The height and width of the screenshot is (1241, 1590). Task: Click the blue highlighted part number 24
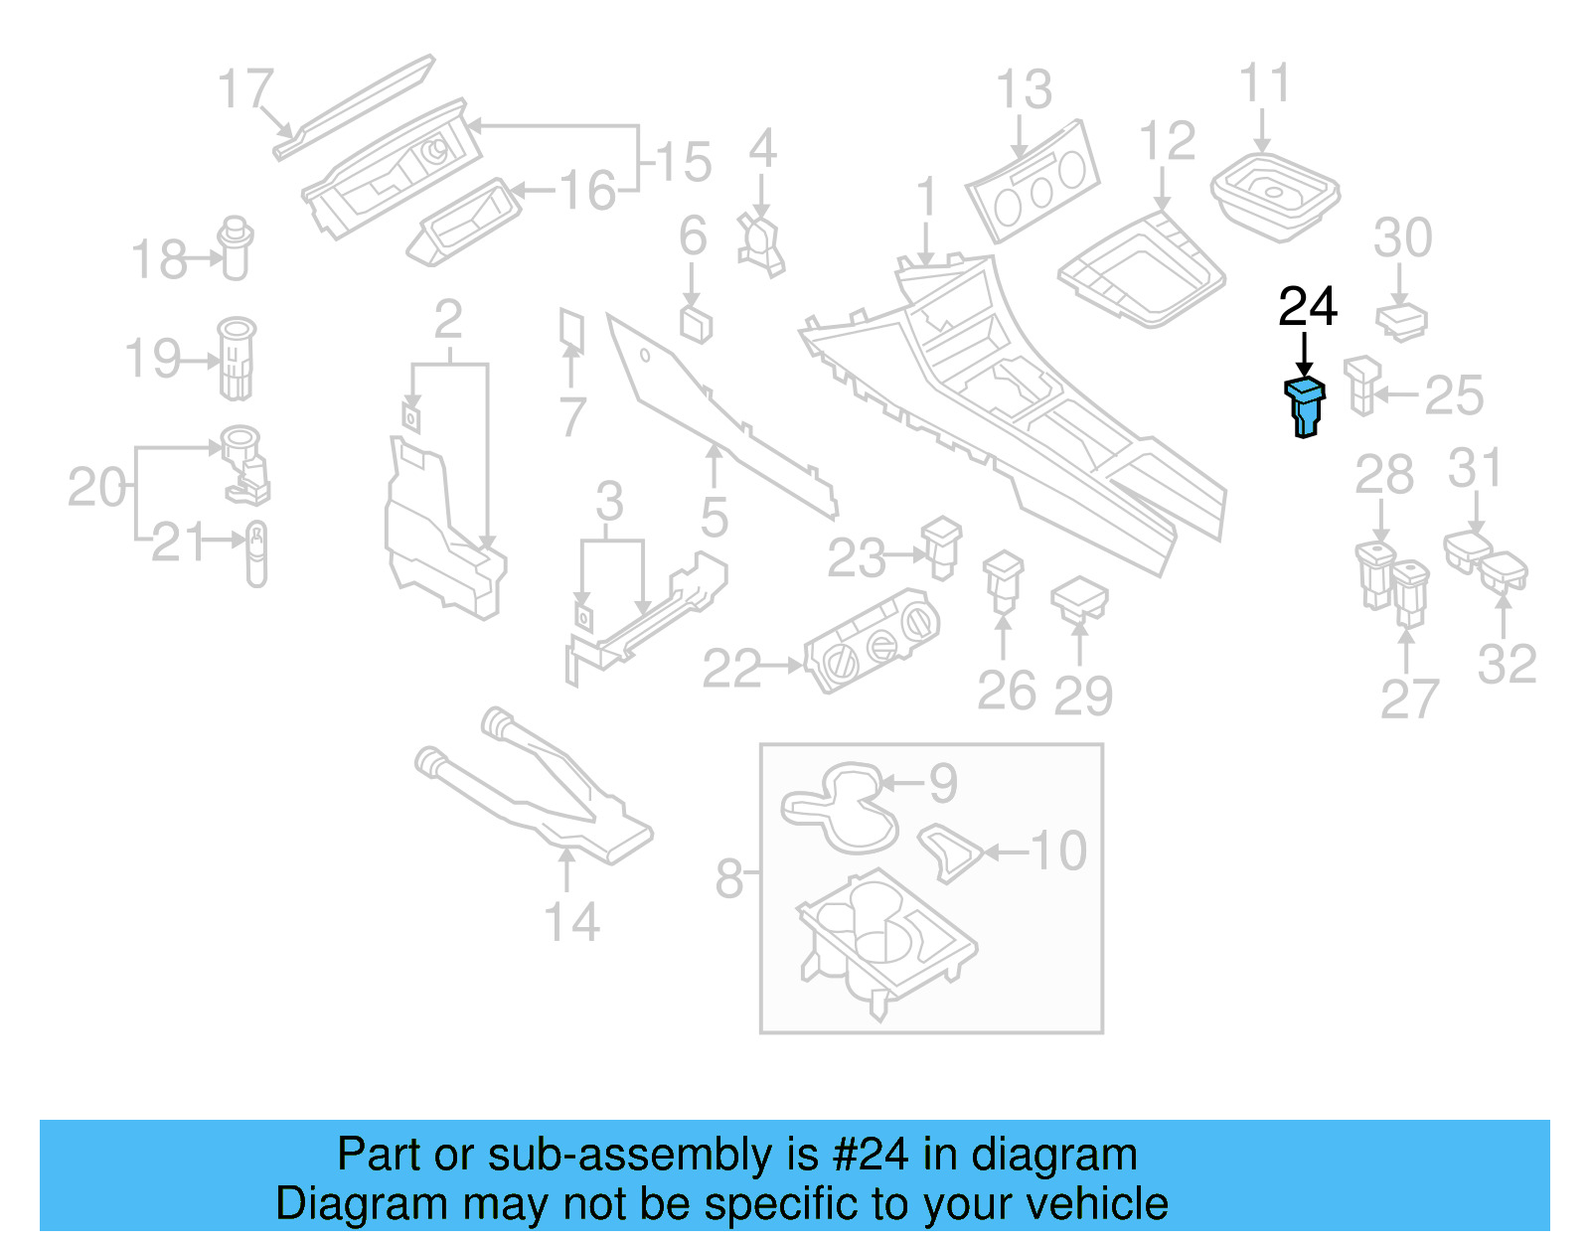[1305, 406]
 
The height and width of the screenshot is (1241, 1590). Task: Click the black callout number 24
[1307, 307]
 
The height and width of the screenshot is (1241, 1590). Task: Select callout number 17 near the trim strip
[244, 89]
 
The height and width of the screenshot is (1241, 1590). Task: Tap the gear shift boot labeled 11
[1275, 195]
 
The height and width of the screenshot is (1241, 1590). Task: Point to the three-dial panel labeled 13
[1034, 183]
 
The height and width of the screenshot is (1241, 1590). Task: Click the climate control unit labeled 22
[871, 642]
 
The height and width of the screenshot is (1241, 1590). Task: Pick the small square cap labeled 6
[696, 323]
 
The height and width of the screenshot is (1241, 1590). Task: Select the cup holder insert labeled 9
[840, 807]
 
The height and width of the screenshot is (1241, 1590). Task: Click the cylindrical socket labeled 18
[236, 248]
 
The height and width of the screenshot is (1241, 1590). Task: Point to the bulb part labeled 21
[256, 553]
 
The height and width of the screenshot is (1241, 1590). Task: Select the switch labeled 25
[1362, 385]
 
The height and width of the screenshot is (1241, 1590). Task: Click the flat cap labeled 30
[1401, 321]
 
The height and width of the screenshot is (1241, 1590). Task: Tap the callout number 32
[1507, 664]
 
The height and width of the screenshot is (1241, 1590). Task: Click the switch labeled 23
[941, 545]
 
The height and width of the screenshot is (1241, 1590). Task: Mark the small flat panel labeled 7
[571, 333]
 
